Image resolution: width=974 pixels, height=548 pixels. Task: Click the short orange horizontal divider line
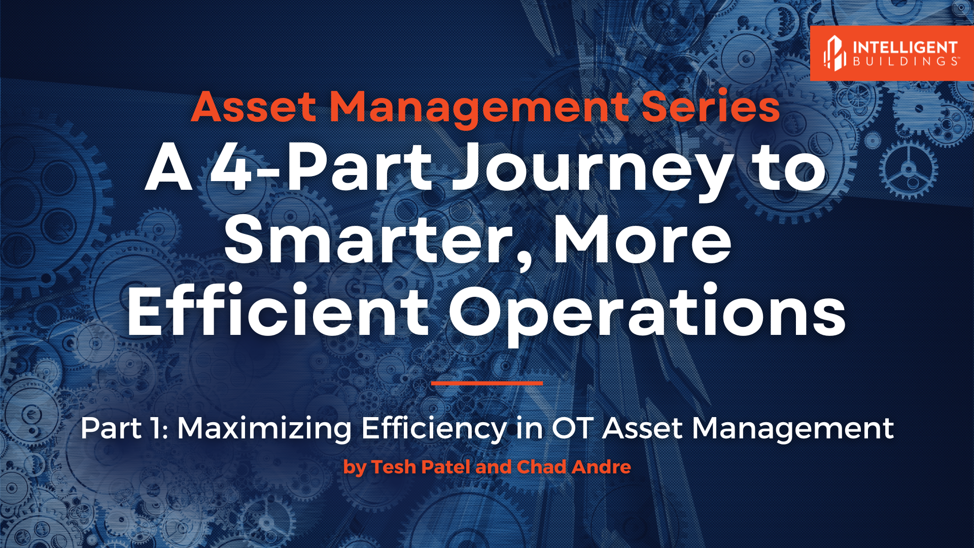click(x=486, y=383)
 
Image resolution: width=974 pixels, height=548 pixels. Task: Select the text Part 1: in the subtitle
click(x=124, y=428)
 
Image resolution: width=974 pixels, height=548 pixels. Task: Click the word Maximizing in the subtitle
click(x=264, y=429)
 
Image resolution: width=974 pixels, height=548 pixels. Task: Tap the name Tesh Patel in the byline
click(x=421, y=467)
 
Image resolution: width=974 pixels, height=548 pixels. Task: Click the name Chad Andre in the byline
click(x=573, y=467)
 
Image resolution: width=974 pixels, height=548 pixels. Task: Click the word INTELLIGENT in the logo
click(x=905, y=48)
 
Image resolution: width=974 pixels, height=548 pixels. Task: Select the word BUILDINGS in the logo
click(x=905, y=61)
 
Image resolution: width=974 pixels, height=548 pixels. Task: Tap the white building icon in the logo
click(x=834, y=53)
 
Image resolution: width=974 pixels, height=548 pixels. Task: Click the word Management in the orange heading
click(x=479, y=108)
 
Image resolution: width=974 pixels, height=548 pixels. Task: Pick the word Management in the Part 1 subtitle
click(x=792, y=428)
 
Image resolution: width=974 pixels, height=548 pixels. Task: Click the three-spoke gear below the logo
click(x=908, y=170)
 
